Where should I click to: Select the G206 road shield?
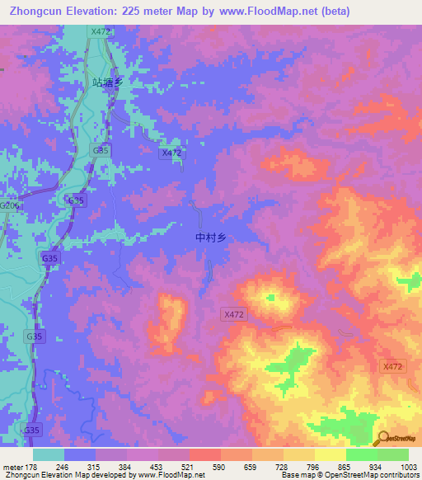click(8, 205)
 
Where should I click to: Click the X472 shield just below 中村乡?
click(234, 314)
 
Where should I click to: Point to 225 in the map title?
click(136, 12)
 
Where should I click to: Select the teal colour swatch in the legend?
click(48, 454)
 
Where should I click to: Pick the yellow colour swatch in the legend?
click(330, 454)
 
